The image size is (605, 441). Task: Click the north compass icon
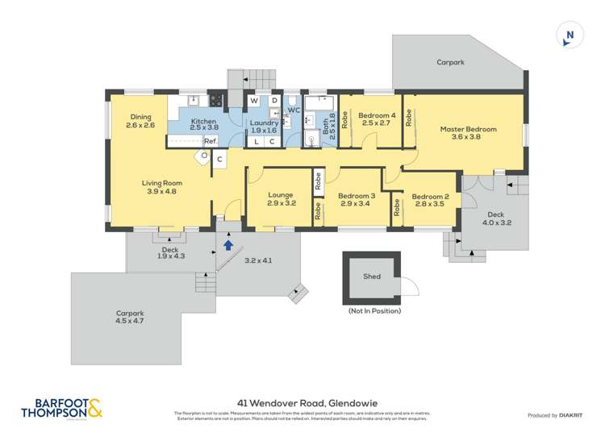pyautogui.click(x=570, y=35)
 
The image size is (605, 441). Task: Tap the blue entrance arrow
pyautogui.click(x=228, y=244)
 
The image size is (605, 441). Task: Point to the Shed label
pyautogui.click(x=372, y=277)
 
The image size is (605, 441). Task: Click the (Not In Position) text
pyautogui.click(x=373, y=310)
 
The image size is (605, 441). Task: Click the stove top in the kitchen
pyautogui.click(x=215, y=101)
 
